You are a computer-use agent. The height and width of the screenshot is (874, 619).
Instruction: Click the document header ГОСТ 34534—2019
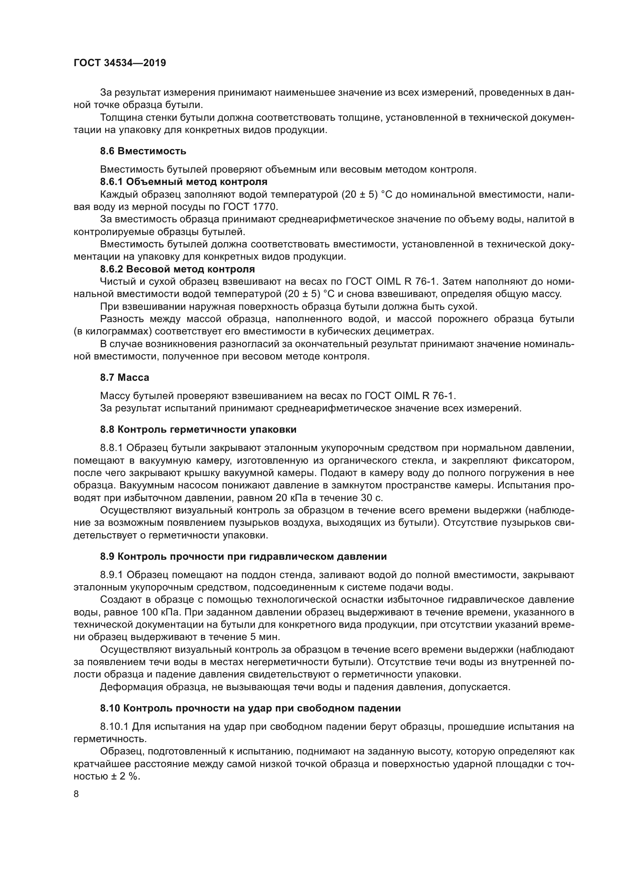120,63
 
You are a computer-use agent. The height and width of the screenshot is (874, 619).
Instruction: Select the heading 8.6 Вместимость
143,151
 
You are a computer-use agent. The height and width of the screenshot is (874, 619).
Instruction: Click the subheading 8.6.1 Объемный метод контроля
184,182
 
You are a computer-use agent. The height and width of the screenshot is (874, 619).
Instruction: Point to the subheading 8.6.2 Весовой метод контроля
177,269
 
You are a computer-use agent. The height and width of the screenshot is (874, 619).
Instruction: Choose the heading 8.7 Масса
125,378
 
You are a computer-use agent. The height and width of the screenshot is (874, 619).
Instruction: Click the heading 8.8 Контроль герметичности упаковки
198,429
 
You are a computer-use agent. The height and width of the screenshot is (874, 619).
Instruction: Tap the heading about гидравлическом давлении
243,556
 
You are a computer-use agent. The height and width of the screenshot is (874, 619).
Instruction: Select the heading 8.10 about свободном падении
250,708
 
